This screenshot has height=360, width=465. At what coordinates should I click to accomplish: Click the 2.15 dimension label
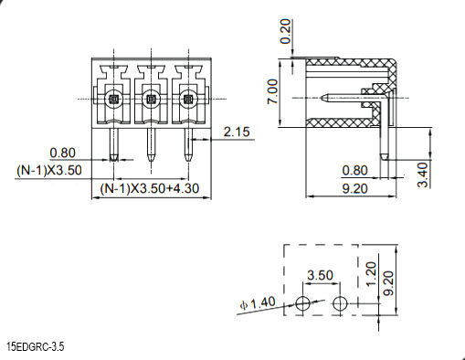pyautogui.click(x=237, y=132)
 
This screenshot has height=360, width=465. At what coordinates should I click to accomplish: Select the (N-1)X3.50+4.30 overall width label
pyautogui.click(x=150, y=188)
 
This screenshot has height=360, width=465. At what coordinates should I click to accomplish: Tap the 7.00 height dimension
pyautogui.click(x=273, y=91)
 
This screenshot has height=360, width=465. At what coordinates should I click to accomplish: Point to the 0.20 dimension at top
pyautogui.click(x=285, y=31)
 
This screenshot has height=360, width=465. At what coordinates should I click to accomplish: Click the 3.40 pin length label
pyautogui.click(x=423, y=175)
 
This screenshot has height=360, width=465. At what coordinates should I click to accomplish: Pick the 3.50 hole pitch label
pyautogui.click(x=320, y=275)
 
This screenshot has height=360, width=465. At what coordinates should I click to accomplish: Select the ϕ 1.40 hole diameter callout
pyautogui.click(x=258, y=303)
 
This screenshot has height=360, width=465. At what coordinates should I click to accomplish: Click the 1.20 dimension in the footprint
pyautogui.click(x=371, y=274)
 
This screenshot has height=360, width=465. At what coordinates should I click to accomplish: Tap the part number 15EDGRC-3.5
pyautogui.click(x=36, y=346)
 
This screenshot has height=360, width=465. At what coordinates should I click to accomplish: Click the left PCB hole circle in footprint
pyautogui.click(x=303, y=303)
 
